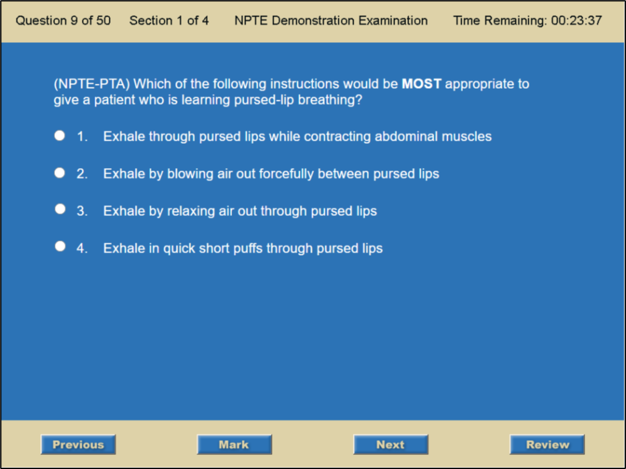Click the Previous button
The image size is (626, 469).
point(78,444)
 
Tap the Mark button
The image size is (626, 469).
point(235,444)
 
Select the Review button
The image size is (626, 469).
point(547,444)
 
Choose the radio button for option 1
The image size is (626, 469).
point(60,135)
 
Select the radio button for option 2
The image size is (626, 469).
point(60,173)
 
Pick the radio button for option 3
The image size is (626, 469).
point(60,209)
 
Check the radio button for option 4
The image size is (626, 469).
point(60,246)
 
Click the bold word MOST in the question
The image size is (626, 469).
point(421,84)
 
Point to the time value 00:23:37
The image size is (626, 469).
point(577,20)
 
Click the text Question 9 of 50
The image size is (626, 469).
point(63,20)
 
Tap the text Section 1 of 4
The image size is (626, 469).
point(169,20)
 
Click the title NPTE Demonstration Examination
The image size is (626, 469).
point(331,20)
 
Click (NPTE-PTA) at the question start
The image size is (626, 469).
point(92,84)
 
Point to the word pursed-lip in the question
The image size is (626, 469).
point(264,100)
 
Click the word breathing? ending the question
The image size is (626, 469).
point(330,100)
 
